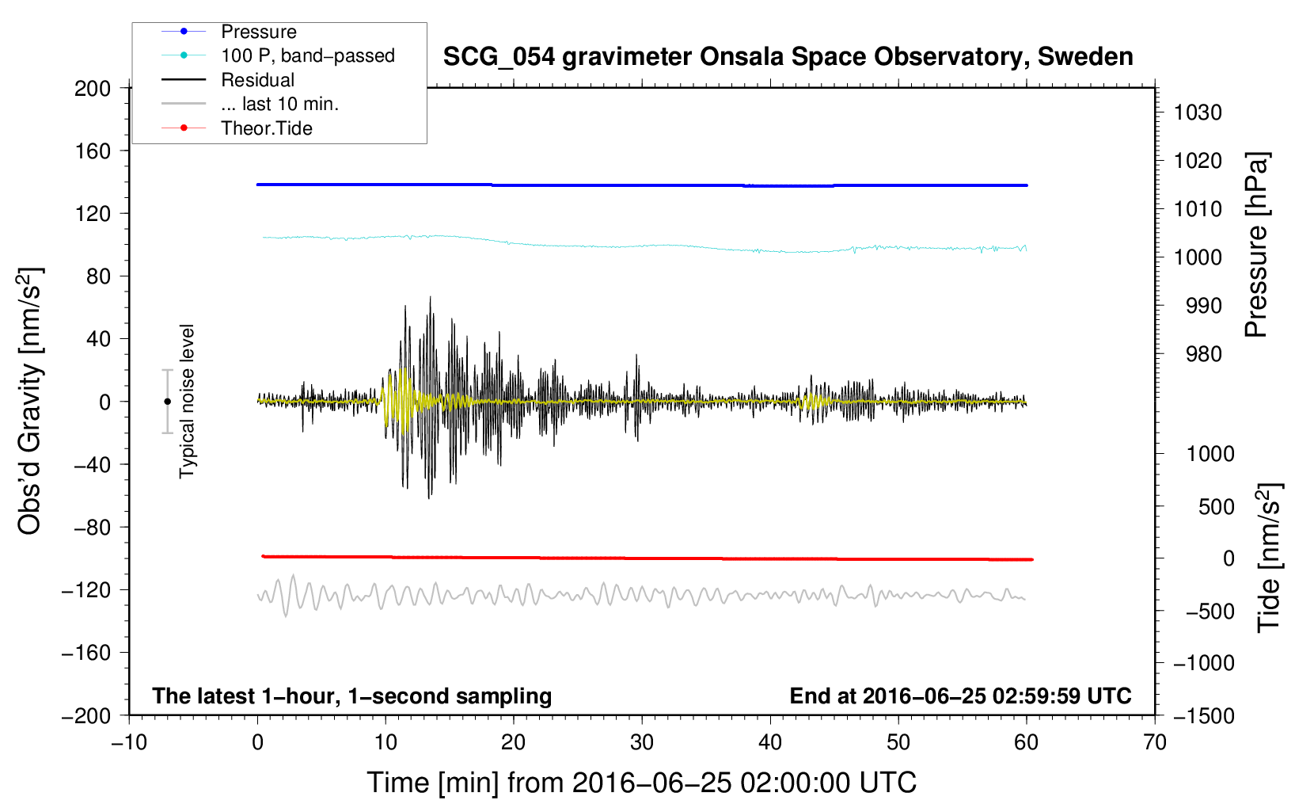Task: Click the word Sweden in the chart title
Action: tap(1085, 57)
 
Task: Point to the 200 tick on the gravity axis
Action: tap(93, 89)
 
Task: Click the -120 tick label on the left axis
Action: tap(86, 590)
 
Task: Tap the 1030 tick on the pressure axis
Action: tap(1198, 112)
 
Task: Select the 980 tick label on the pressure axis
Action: tap(1203, 354)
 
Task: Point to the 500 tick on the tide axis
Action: tap(1216, 507)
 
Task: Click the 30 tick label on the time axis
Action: tap(642, 743)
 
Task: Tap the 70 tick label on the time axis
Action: tap(1154, 743)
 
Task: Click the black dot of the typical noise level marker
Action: tap(167, 402)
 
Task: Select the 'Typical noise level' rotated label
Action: tap(187, 402)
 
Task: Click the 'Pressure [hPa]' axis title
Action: tap(1255, 245)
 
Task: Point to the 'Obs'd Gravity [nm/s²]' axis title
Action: tap(29, 401)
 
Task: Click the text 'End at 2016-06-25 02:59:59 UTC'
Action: tap(960, 696)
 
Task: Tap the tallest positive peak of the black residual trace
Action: tap(430, 297)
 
